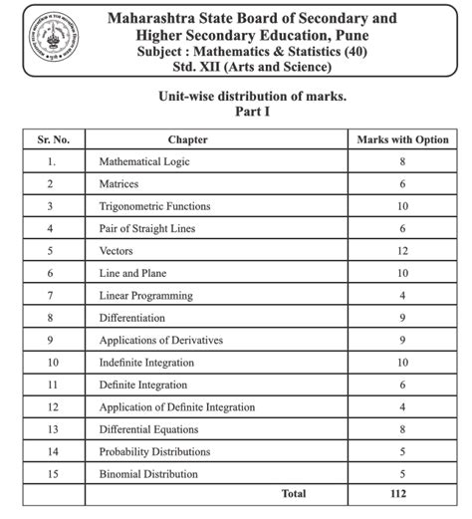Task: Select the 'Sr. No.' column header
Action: (x=51, y=139)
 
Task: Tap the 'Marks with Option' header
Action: (x=402, y=139)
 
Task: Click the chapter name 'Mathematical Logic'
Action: (x=145, y=161)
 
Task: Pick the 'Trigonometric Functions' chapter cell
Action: (x=155, y=206)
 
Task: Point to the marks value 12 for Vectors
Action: (x=402, y=251)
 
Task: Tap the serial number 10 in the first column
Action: (x=52, y=363)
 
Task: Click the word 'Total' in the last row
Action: (x=294, y=493)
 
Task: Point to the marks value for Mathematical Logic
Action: (x=402, y=161)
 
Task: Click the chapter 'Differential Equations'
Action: (x=148, y=429)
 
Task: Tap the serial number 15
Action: (x=52, y=474)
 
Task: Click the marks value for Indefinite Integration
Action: (x=402, y=363)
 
